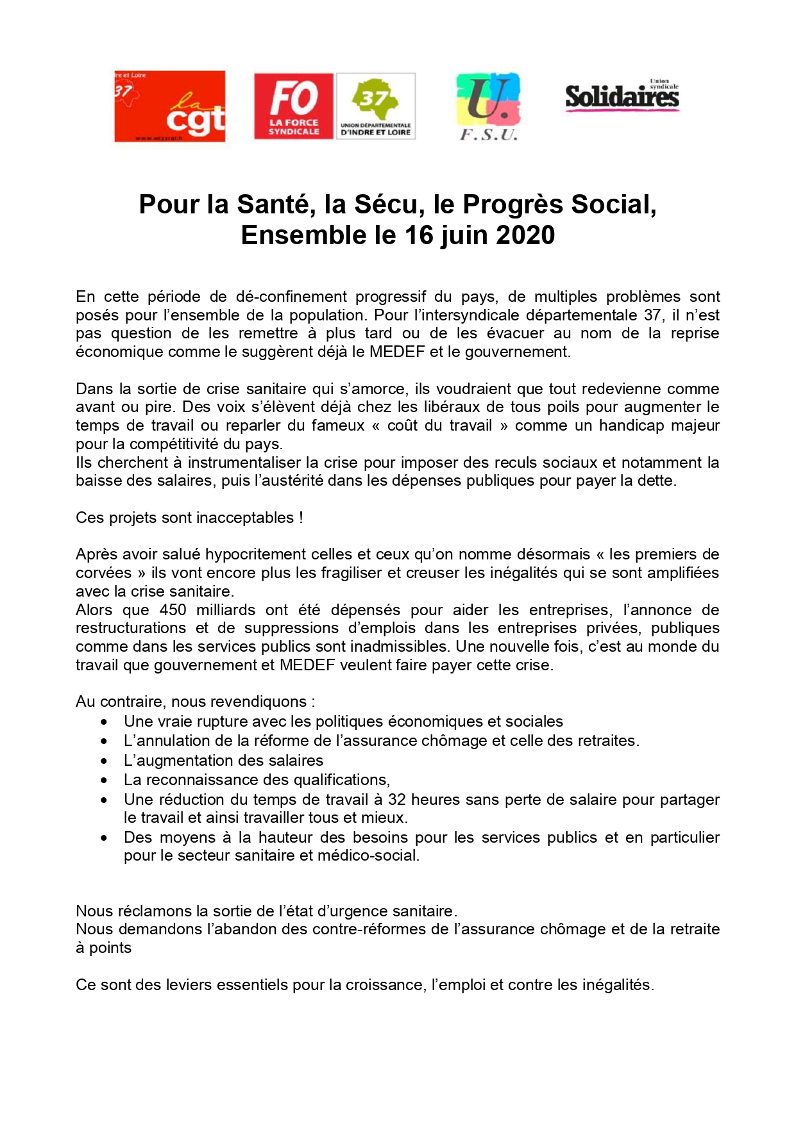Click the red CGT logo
click(x=170, y=106)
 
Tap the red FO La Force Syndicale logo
click(x=294, y=106)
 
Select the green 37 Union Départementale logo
click(x=376, y=106)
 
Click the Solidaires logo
click(x=622, y=97)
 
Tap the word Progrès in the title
click(x=513, y=204)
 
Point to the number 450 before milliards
click(x=173, y=610)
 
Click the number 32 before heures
click(x=397, y=800)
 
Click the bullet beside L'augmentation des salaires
click(x=104, y=761)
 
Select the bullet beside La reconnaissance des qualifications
click(x=104, y=781)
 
